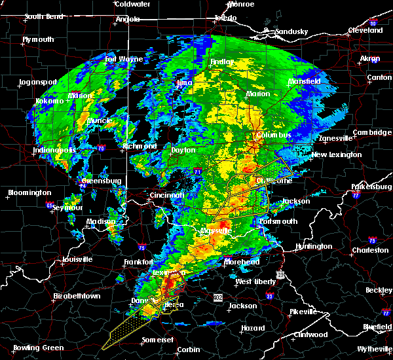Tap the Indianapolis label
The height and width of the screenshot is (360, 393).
55,151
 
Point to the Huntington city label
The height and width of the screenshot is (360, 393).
314,246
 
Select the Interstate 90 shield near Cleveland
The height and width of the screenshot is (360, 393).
373,24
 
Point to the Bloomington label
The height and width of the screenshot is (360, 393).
29,192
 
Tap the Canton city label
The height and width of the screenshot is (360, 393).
379,77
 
